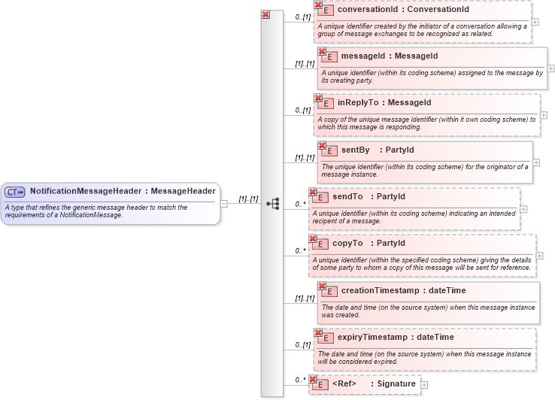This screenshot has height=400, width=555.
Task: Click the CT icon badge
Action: pyautogui.click(x=15, y=192)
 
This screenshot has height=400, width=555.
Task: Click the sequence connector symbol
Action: pyautogui.click(x=273, y=203)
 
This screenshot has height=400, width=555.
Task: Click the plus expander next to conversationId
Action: pyautogui.click(x=535, y=22)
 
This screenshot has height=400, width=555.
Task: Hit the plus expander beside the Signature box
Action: pyautogui.click(x=424, y=385)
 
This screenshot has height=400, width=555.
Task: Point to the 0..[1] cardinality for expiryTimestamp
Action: pyautogui.click(x=302, y=344)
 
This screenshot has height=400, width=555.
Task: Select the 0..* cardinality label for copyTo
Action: pyautogui.click(x=301, y=250)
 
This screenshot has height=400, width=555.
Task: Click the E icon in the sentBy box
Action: pyautogui.click(x=329, y=150)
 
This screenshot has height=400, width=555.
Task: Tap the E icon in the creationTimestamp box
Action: pyautogui.click(x=329, y=290)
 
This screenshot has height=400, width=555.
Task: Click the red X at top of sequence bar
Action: pyautogui.click(x=265, y=14)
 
